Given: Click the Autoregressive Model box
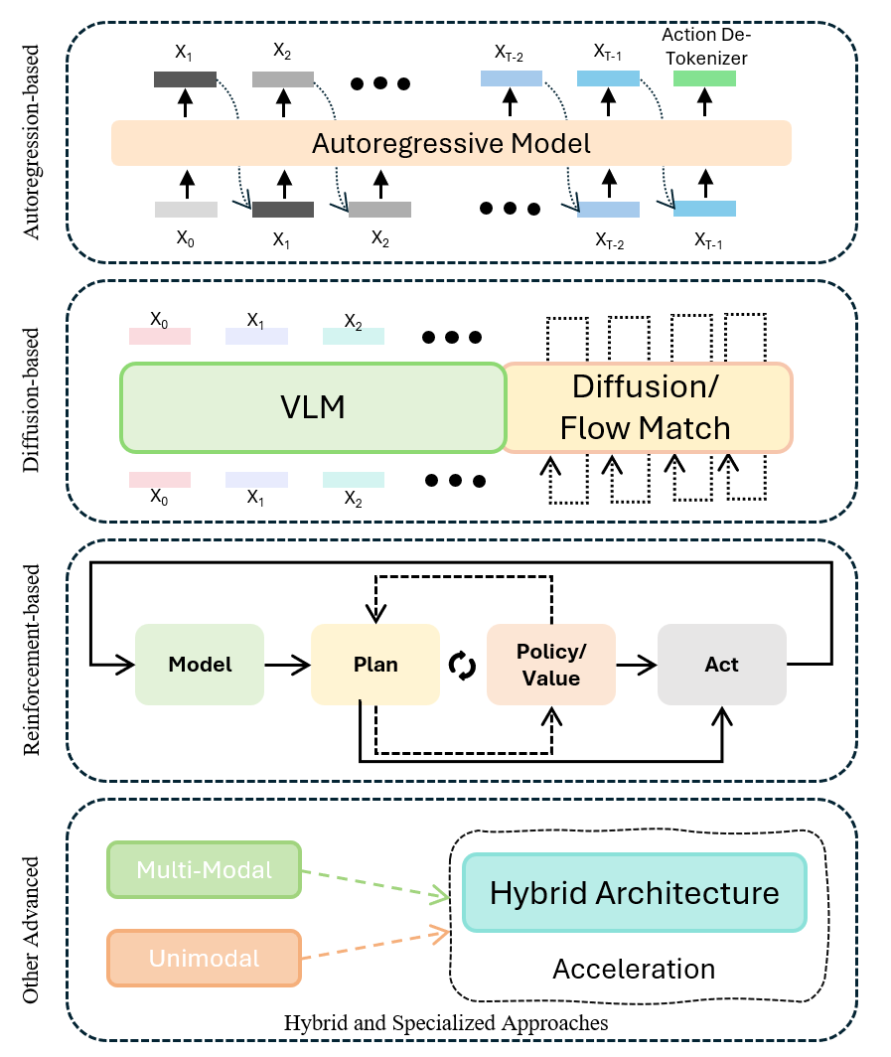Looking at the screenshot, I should pyautogui.click(x=451, y=143).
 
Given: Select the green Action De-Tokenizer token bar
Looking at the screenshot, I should pyautogui.click(x=704, y=78).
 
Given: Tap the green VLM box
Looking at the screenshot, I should pyautogui.click(x=313, y=407).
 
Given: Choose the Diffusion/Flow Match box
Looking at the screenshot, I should pyautogui.click(x=646, y=407).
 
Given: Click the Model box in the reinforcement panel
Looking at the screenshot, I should pyautogui.click(x=200, y=665).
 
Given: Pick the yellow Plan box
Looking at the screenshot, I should pyautogui.click(x=375, y=665).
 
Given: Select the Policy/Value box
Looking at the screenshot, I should pyautogui.click(x=550, y=665).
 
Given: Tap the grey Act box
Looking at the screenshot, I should pyautogui.click(x=722, y=665).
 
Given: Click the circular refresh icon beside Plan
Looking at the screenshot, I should pyautogui.click(x=463, y=665).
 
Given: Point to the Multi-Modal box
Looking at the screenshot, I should pyautogui.click(x=204, y=870).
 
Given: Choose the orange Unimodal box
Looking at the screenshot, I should pyautogui.click(x=204, y=959).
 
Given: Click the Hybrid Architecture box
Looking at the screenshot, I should pyautogui.click(x=635, y=892).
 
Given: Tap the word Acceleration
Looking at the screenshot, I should pyautogui.click(x=634, y=969).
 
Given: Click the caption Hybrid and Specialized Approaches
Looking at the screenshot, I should pyautogui.click(x=446, y=1022).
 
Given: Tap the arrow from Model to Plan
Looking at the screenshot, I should pyautogui.click(x=288, y=665).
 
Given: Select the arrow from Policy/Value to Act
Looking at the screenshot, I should pyautogui.click(x=637, y=665).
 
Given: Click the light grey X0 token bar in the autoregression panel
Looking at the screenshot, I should pyautogui.click(x=186, y=210).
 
